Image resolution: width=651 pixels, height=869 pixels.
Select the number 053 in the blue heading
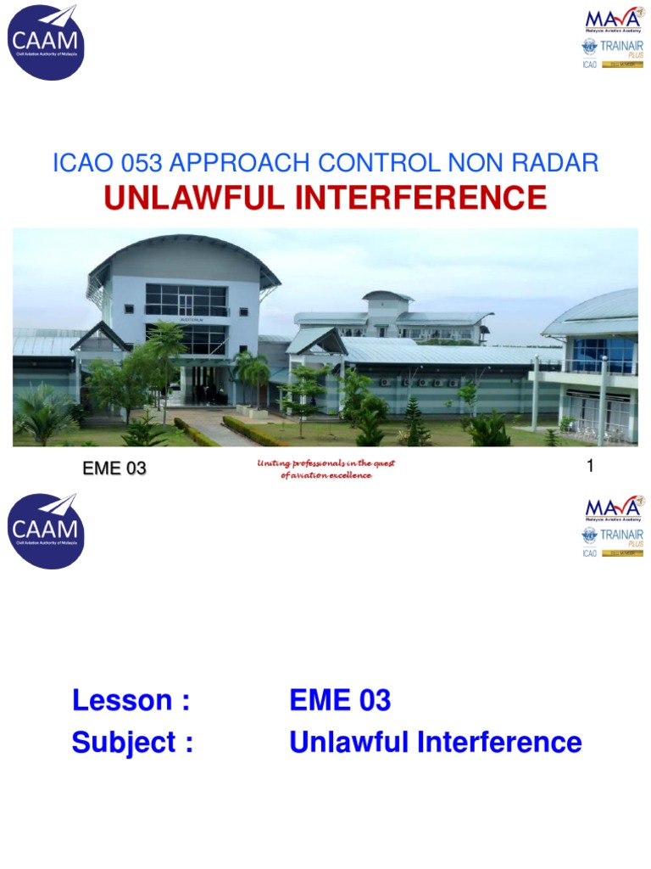(x=141, y=164)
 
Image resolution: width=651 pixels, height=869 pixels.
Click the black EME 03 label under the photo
(x=114, y=468)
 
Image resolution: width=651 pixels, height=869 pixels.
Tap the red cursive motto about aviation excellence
(x=325, y=469)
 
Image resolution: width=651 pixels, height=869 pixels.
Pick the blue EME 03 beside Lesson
(x=340, y=701)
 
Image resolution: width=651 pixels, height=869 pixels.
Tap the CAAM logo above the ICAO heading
(x=47, y=42)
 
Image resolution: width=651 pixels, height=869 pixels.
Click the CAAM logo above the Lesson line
(x=47, y=530)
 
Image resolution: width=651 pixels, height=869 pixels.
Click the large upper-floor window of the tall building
(x=185, y=300)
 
